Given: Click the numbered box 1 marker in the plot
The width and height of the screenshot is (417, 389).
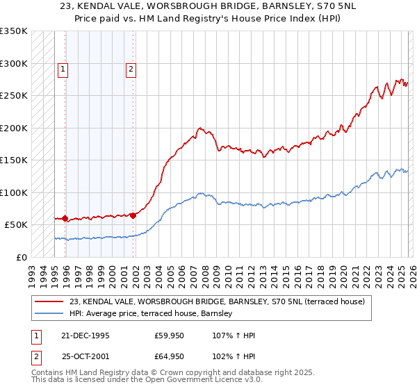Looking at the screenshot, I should click(63, 69).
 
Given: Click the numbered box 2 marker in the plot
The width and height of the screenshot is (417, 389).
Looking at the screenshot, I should click(131, 69).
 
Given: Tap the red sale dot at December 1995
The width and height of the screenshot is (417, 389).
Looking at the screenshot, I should click(65, 219).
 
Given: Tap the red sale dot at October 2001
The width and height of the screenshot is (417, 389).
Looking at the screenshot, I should click(133, 215).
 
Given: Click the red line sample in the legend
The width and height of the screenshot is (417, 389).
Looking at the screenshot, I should click(49, 301).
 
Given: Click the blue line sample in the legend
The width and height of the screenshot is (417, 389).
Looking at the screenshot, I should click(49, 314).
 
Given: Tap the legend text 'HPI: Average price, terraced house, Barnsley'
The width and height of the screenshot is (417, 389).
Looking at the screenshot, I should click(151, 314).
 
